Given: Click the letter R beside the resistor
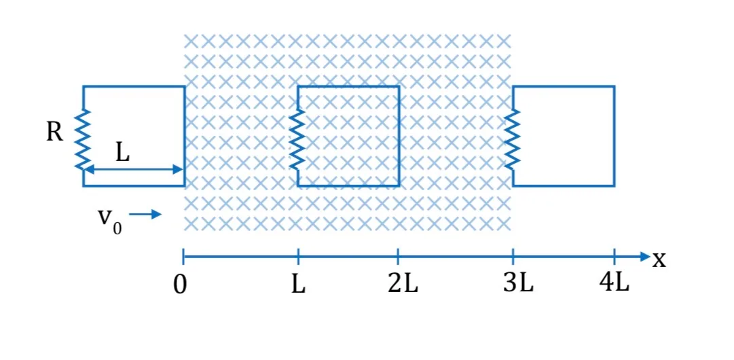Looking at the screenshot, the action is (54, 133).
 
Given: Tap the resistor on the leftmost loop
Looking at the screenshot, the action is (83, 139).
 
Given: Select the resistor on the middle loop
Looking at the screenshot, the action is (297, 139).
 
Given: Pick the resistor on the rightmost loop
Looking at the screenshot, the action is (513, 139).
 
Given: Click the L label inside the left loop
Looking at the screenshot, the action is (122, 154).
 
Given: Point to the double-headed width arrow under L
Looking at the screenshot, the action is (133, 169).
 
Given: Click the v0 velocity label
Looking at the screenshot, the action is (109, 219).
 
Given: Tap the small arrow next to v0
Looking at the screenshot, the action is (145, 215).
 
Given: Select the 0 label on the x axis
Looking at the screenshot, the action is (180, 285).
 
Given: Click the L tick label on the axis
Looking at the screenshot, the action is (298, 285).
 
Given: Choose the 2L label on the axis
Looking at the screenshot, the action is (403, 285).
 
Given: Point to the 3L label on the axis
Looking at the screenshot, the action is (519, 284).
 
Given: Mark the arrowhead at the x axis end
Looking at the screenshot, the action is (645, 256).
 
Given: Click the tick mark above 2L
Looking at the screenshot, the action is (398, 256).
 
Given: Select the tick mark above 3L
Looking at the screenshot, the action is (513, 256).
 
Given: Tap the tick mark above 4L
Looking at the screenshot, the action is (614, 256).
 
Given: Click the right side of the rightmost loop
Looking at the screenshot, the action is (614, 137).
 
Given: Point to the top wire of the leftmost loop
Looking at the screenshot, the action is (133, 87).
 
